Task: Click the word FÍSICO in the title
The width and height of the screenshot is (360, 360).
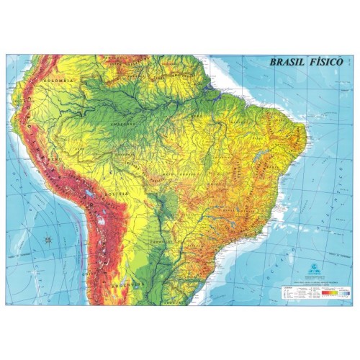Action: tap(328, 62)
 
